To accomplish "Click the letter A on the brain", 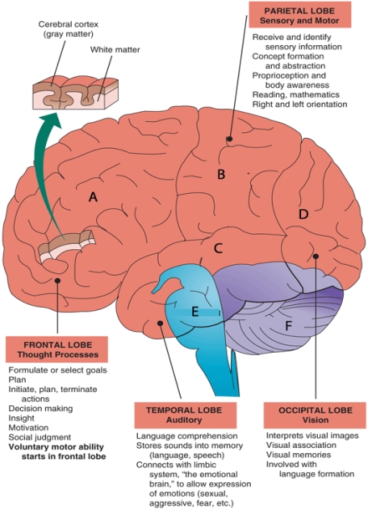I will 94,196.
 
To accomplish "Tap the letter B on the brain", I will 221,174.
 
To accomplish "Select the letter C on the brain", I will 217,247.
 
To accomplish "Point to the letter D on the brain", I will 303,214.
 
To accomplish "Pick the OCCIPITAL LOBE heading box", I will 307,416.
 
